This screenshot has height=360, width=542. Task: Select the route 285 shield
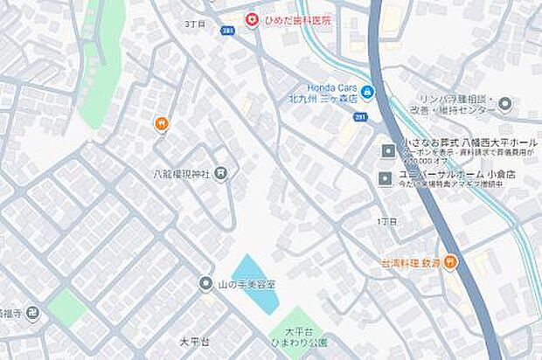coord(228,31)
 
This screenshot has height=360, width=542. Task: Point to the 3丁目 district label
coord(195,25)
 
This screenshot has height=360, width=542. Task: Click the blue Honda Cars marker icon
coord(367,92)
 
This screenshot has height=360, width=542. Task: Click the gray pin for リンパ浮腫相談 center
coord(504,106)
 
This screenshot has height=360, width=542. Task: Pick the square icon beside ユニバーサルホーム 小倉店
coord(386,180)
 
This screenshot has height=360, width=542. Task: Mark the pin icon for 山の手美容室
coord(205,283)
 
